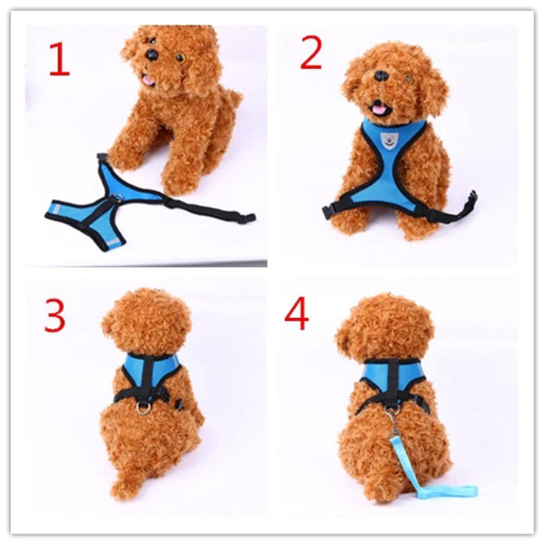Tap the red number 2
(x=312, y=52)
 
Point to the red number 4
(x=297, y=314)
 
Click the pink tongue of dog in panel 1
(x=148, y=80)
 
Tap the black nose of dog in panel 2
(x=381, y=75)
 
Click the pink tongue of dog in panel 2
(x=380, y=109)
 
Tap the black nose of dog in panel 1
(x=151, y=54)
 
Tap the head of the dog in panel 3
(x=145, y=322)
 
